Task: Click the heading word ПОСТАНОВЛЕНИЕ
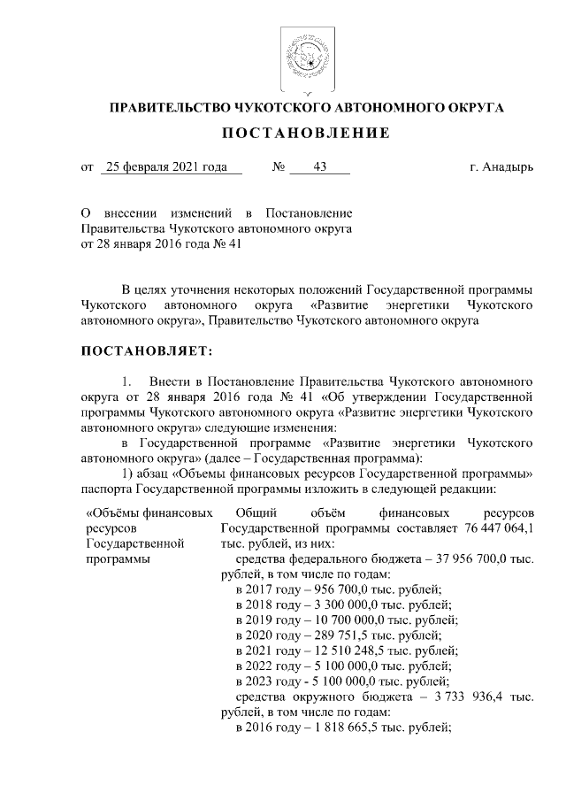coord(306,134)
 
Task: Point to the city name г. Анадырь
coord(501,166)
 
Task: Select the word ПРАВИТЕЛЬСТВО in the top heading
coord(165,108)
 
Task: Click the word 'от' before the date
coord(87,166)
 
